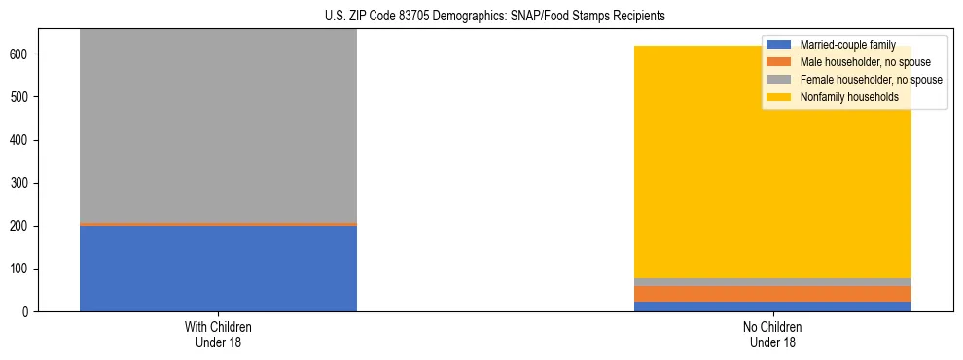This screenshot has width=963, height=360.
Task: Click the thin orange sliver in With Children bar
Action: click(218, 224)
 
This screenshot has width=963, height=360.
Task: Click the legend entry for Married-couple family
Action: click(847, 45)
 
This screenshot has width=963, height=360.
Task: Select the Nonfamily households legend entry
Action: click(849, 97)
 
